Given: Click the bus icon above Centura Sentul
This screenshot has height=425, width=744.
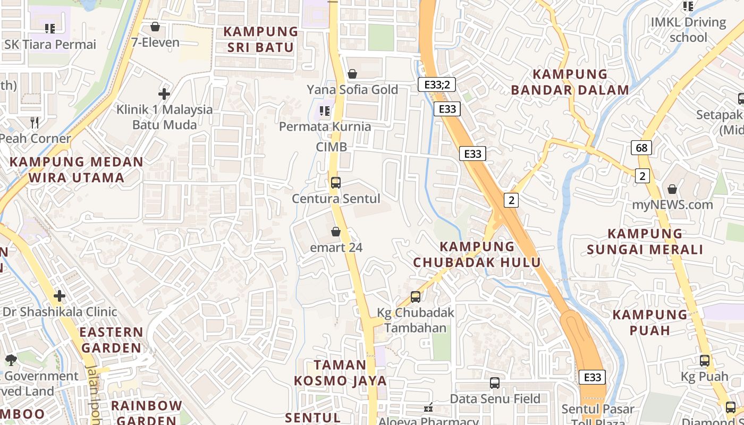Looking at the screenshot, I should point(335,183).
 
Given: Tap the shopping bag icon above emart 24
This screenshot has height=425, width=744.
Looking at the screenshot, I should point(336,232).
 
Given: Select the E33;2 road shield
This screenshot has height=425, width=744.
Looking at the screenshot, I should point(436,84).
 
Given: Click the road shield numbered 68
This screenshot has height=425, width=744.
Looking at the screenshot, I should point(642,147).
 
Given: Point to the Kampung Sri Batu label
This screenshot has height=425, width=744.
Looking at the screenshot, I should point(260,39).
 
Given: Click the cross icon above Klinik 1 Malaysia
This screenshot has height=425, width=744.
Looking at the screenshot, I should point(164,94).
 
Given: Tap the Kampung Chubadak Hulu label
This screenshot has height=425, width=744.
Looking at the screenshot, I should point(477,254).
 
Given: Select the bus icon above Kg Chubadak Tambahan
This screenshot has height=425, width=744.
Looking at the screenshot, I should point(416,297).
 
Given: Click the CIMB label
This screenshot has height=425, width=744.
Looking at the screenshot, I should point(331,147).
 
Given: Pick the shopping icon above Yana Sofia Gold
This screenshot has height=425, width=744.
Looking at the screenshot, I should point(352,74).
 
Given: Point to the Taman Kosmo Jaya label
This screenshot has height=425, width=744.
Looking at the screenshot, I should point(340,373).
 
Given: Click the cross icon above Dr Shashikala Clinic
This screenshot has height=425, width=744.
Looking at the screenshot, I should point(60,295).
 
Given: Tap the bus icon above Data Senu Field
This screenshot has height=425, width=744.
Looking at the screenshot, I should point(495,382).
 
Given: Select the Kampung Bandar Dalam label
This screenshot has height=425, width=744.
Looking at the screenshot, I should point(570,82).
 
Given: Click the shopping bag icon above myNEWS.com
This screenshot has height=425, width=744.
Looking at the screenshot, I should point(672,189).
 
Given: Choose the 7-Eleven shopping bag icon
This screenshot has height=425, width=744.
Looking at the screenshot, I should point(155,27).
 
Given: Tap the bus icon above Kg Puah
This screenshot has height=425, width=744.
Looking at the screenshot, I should point(705,361).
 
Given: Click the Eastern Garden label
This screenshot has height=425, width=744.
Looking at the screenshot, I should point(111,340).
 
